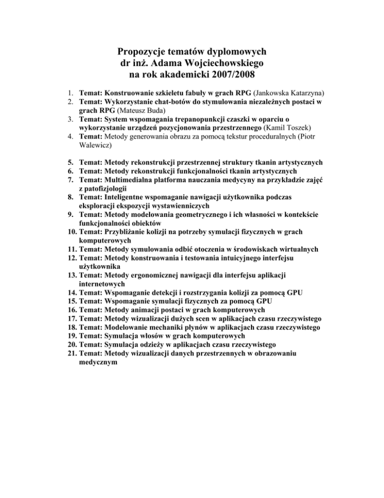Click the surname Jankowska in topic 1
point(286,93)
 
